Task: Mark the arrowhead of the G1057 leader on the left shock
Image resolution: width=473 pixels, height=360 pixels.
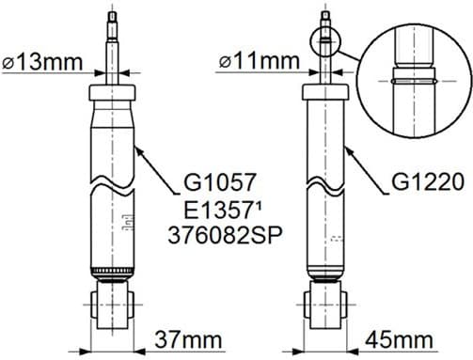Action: pyautogui.click(x=138, y=148)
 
